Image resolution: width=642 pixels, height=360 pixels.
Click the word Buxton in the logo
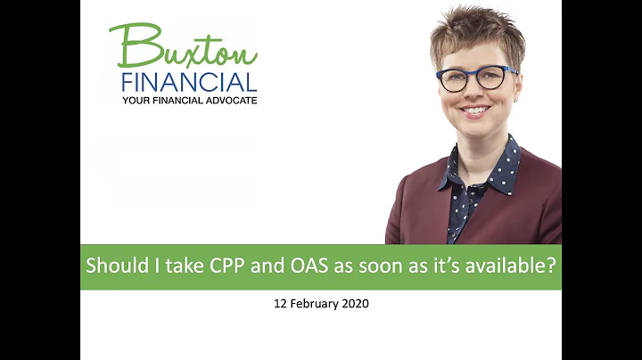[x=183, y=45]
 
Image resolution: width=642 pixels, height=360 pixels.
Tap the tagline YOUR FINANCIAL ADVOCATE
[x=190, y=99]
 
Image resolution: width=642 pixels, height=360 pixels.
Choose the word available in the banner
[x=502, y=266]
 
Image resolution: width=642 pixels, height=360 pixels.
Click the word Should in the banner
[x=113, y=266]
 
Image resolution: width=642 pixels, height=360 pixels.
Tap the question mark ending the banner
[x=549, y=266]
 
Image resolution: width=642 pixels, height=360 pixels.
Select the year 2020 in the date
[x=354, y=304]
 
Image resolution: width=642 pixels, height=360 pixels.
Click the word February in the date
[x=313, y=304]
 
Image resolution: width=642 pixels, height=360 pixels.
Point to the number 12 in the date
[x=280, y=304]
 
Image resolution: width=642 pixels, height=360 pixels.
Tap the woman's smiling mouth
[x=473, y=110]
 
